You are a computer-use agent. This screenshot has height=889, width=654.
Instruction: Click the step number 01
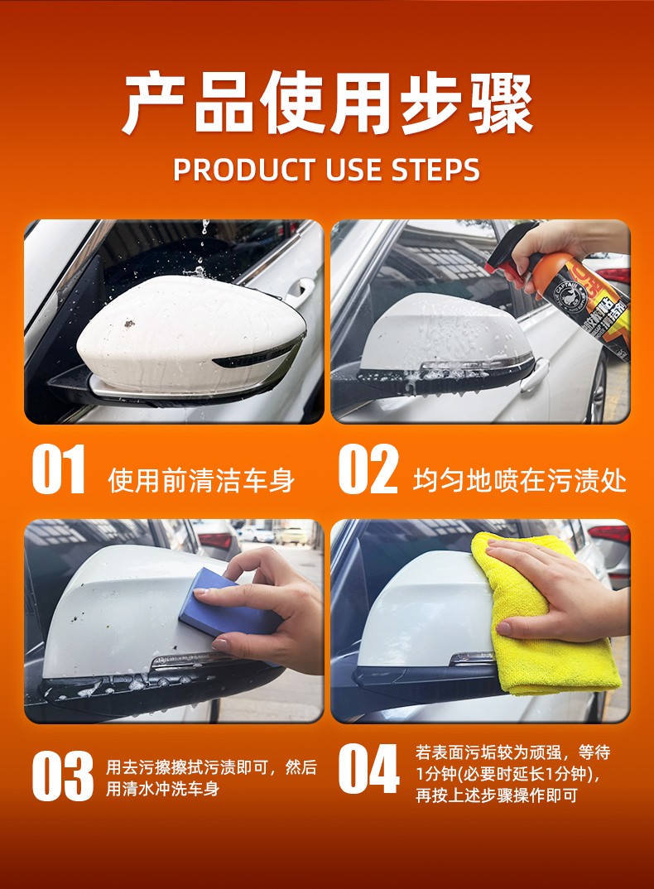tap(59, 469)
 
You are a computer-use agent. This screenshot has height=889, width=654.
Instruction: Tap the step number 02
tap(368, 469)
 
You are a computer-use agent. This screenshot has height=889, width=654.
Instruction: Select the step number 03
tap(62, 776)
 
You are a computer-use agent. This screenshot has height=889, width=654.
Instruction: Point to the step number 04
tap(368, 769)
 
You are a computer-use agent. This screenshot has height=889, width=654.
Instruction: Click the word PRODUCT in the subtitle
tap(244, 170)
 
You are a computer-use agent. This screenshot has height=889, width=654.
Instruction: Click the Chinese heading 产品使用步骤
tap(327, 103)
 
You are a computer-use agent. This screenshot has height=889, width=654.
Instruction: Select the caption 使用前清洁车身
tap(201, 480)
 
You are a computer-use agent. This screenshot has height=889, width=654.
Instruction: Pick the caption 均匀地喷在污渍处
tap(519, 480)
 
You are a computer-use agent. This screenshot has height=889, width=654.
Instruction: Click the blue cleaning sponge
tap(224, 603)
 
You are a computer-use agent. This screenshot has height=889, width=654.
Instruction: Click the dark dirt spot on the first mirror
tap(129, 324)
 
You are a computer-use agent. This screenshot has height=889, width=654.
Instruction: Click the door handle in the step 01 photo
tap(300, 290)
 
